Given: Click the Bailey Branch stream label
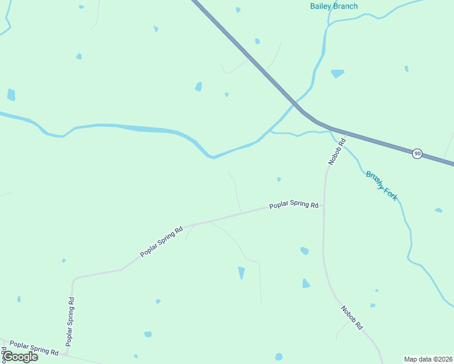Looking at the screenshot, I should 334,7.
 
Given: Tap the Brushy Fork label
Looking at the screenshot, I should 382,185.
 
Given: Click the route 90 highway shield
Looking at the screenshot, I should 417,153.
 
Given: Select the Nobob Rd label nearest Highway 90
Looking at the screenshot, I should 336,152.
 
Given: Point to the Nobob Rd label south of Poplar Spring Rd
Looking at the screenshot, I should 351,316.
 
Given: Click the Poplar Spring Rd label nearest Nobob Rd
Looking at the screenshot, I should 294,205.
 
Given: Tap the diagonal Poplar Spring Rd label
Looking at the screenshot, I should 161,241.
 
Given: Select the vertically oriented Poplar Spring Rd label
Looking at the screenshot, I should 71,320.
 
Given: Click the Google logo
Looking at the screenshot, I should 20,357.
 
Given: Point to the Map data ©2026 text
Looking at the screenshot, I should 428,359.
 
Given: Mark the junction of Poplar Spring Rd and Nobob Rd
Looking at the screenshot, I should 324,206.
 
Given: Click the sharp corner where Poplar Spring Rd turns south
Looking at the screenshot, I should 74,280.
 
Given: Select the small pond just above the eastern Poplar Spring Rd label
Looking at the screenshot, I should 279,179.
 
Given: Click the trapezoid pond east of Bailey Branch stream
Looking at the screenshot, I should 337,73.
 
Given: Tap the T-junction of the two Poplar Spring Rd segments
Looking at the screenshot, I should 67,353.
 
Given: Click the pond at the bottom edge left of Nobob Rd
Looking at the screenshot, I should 279,357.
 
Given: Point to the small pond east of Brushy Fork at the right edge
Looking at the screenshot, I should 438,211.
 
